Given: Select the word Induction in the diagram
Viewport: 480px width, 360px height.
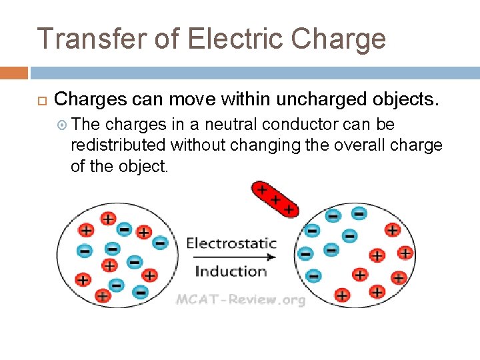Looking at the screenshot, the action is point(231,271).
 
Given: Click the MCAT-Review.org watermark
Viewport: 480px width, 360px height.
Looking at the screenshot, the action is point(240,299).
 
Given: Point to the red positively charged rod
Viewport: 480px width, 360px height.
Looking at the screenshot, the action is point(274,199).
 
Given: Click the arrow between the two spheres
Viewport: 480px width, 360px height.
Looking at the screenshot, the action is point(240,257).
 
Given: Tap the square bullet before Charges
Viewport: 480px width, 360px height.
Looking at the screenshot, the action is point(41,101).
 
